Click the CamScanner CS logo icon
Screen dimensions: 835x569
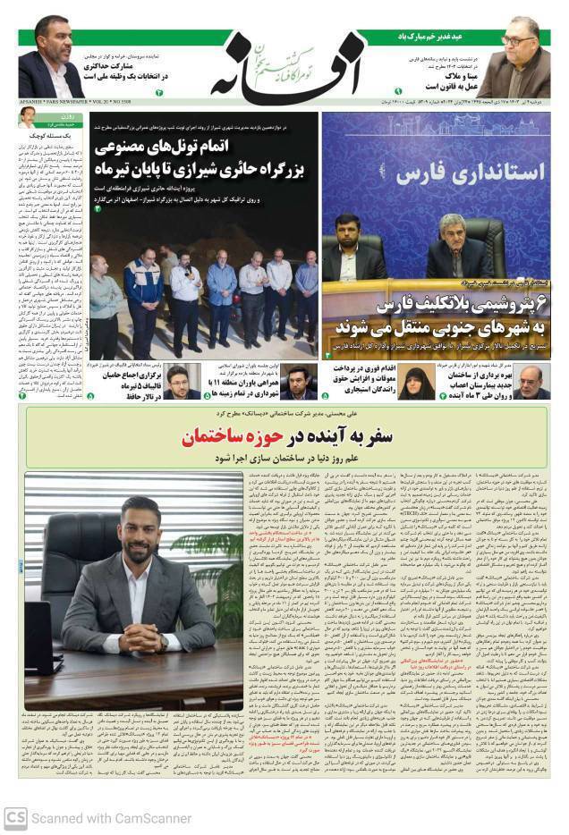point(15,817)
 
